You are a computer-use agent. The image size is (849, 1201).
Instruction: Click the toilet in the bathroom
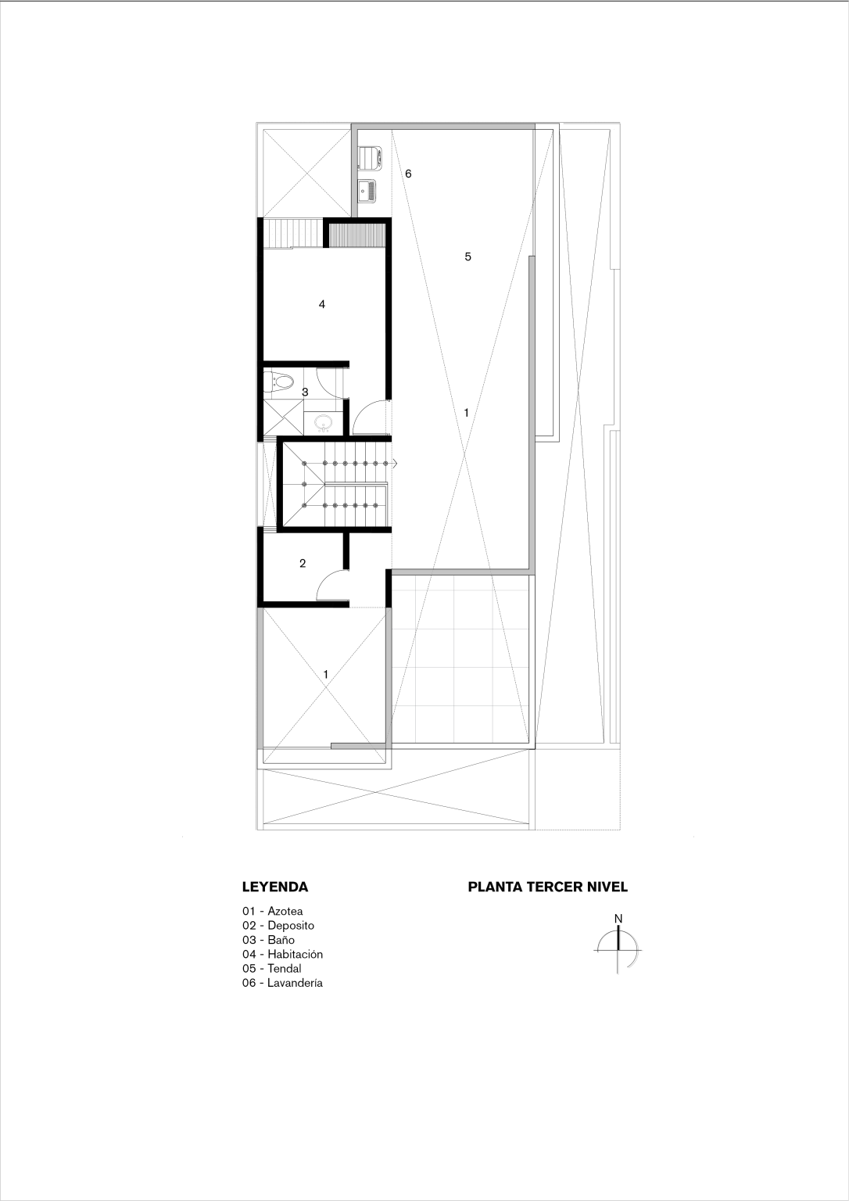[x=279, y=382]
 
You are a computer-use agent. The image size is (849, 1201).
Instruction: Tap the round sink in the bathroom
[x=323, y=423]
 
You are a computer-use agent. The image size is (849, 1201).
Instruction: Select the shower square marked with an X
[x=282, y=418]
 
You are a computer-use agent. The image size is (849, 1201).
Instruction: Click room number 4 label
[x=321, y=304]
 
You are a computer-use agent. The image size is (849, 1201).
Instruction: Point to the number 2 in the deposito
[x=303, y=564]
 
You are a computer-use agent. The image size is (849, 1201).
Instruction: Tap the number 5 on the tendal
[x=467, y=256]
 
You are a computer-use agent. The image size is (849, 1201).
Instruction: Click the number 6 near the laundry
[x=408, y=174]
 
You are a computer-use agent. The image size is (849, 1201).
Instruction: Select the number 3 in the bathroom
[x=305, y=392]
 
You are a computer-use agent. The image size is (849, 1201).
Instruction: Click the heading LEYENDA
[x=275, y=887]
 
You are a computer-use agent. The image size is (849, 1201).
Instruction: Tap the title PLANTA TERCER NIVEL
[x=548, y=887]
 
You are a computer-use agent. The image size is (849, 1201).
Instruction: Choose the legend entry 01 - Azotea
[x=272, y=911]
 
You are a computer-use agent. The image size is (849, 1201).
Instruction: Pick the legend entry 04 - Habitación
[x=282, y=955]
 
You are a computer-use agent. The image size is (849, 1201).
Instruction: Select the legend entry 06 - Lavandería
[x=282, y=984]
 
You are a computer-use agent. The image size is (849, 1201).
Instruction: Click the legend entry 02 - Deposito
[x=278, y=926]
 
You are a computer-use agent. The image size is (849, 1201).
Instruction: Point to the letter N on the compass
[x=618, y=919]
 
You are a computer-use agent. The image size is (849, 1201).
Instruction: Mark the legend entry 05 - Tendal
[x=272, y=969]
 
